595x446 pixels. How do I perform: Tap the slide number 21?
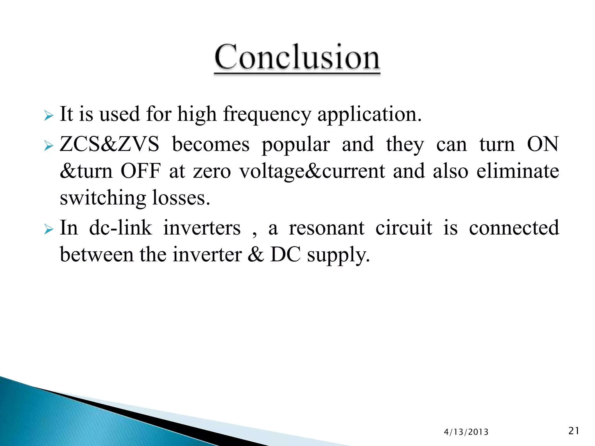click(574, 431)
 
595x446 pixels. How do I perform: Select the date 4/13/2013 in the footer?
click(466, 432)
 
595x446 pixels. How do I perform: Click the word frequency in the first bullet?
click(267, 114)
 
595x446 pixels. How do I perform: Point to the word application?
click(369, 114)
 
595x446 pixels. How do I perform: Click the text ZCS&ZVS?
click(110, 144)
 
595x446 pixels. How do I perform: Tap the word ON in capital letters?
click(542, 144)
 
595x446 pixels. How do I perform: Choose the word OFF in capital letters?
click(140, 171)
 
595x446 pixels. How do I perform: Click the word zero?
click(212, 171)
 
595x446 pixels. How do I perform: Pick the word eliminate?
click(517, 171)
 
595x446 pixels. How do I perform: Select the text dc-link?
click(120, 228)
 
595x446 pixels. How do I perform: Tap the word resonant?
click(326, 228)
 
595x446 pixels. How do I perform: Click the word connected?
click(514, 228)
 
